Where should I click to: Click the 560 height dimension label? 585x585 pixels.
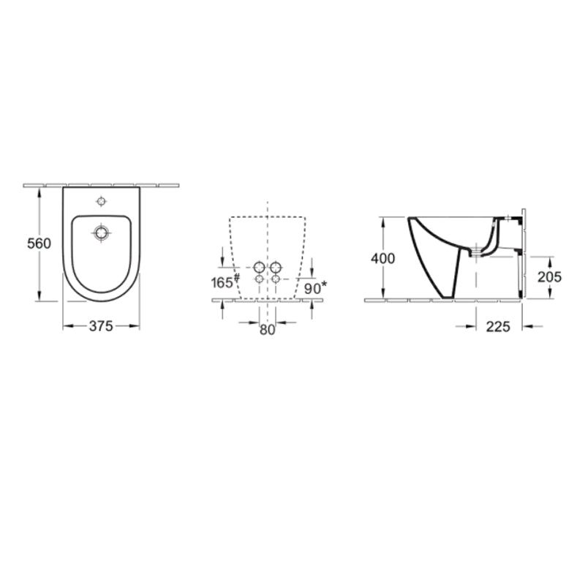pos(38,244)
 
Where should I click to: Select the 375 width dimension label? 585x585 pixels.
pos(101,327)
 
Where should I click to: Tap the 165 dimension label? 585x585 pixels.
pos(222,283)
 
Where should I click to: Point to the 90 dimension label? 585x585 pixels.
pos(313,288)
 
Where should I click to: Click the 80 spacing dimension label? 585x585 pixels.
pos(267,330)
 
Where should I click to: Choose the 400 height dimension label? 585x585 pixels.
pos(382,258)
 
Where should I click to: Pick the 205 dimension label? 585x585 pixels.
pos(549,276)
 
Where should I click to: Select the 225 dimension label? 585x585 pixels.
pos(498,327)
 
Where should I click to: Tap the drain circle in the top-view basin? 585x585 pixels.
pos(101,233)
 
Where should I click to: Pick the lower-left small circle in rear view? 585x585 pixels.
pos(259,279)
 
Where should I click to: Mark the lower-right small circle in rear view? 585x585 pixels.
pos(276,279)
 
